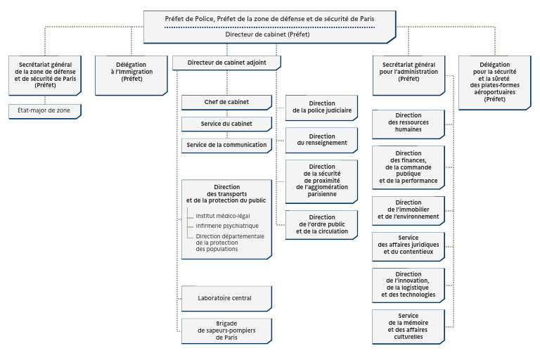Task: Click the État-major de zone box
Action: pyautogui.click(x=45, y=111)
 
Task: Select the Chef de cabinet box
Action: pyautogui.click(x=226, y=103)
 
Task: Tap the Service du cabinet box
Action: pyautogui.click(x=226, y=124)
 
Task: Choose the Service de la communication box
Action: pyautogui.click(x=226, y=146)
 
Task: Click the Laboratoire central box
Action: pyautogui.click(x=226, y=298)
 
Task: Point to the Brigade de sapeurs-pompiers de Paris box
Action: pyautogui.click(x=226, y=330)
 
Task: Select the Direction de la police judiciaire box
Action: pyautogui.click(x=321, y=108)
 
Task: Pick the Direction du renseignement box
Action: pyautogui.click(x=321, y=140)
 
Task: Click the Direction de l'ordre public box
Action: pyautogui.click(x=321, y=224)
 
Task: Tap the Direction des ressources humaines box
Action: pyautogui.click(x=409, y=124)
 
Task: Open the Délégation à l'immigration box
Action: pyautogui.click(x=131, y=75)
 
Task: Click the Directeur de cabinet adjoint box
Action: pyautogui.click(x=226, y=63)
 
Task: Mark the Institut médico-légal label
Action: pyautogui.click(x=223, y=216)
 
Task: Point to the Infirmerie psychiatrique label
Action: pyautogui.click(x=227, y=226)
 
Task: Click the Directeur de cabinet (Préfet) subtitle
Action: pyautogui.click(x=268, y=34)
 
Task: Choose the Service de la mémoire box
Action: pyautogui.click(x=409, y=326)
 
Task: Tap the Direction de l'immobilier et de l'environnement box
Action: pyautogui.click(x=409, y=211)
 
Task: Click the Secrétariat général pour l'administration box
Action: pyautogui.click(x=409, y=75)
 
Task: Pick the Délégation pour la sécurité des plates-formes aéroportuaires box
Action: pyautogui.click(x=495, y=83)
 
